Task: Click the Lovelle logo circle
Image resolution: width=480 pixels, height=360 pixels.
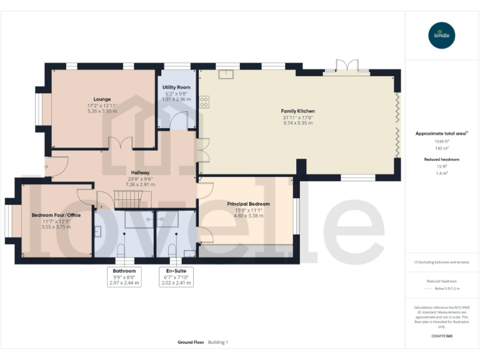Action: pyautogui.click(x=442, y=35)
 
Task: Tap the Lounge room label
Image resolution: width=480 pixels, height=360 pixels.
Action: pyautogui.click(x=102, y=99)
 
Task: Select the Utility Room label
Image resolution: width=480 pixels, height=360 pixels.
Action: pyautogui.click(x=176, y=87)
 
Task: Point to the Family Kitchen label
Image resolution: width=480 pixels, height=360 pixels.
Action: pyautogui.click(x=297, y=111)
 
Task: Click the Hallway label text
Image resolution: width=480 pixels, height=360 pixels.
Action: pyautogui.click(x=139, y=172)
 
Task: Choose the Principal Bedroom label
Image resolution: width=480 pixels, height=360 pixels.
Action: pyautogui.click(x=249, y=204)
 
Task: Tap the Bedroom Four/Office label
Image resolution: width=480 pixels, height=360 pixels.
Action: pyautogui.click(x=56, y=215)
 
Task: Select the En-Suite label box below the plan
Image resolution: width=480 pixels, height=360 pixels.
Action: pyautogui.click(x=176, y=277)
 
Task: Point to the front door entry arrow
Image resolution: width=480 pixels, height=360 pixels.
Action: pyautogui.click(x=46, y=167)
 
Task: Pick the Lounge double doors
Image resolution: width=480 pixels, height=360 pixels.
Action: pyautogui.click(x=121, y=143)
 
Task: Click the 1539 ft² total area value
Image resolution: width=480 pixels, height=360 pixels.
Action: pyautogui.click(x=442, y=141)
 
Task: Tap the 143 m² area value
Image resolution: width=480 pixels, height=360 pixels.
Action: pyautogui.click(x=442, y=147)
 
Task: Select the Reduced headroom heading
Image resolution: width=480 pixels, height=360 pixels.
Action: pyautogui.click(x=442, y=160)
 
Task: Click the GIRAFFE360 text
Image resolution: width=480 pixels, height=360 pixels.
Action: pyautogui.click(x=442, y=336)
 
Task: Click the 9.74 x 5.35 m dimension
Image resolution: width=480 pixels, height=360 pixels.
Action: pyautogui.click(x=297, y=123)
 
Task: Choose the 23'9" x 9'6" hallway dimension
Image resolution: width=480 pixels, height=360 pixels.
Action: pyautogui.click(x=139, y=179)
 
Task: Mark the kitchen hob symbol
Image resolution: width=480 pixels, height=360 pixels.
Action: pyautogui.click(x=204, y=102)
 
